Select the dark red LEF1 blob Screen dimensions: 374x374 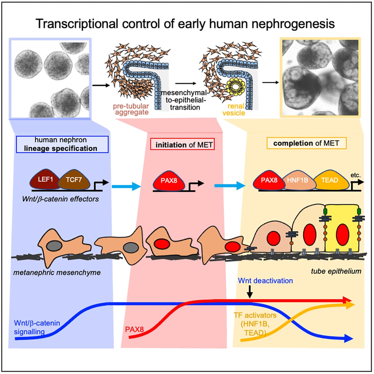45,180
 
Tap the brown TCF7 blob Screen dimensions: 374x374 74,180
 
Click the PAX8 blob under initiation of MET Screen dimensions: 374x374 169,180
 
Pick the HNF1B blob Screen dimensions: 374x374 297,180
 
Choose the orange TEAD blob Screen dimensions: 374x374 329,180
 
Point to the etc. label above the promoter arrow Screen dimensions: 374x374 355,175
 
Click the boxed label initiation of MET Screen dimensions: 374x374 182,145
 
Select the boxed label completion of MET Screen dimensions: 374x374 306,144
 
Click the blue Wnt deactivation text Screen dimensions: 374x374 265,281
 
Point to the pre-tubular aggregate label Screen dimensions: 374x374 131,109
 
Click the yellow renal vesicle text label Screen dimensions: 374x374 234,109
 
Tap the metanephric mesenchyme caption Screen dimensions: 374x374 57,273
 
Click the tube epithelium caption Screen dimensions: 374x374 336,271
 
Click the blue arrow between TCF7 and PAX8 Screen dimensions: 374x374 126,187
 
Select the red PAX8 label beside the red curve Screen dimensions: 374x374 134,329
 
